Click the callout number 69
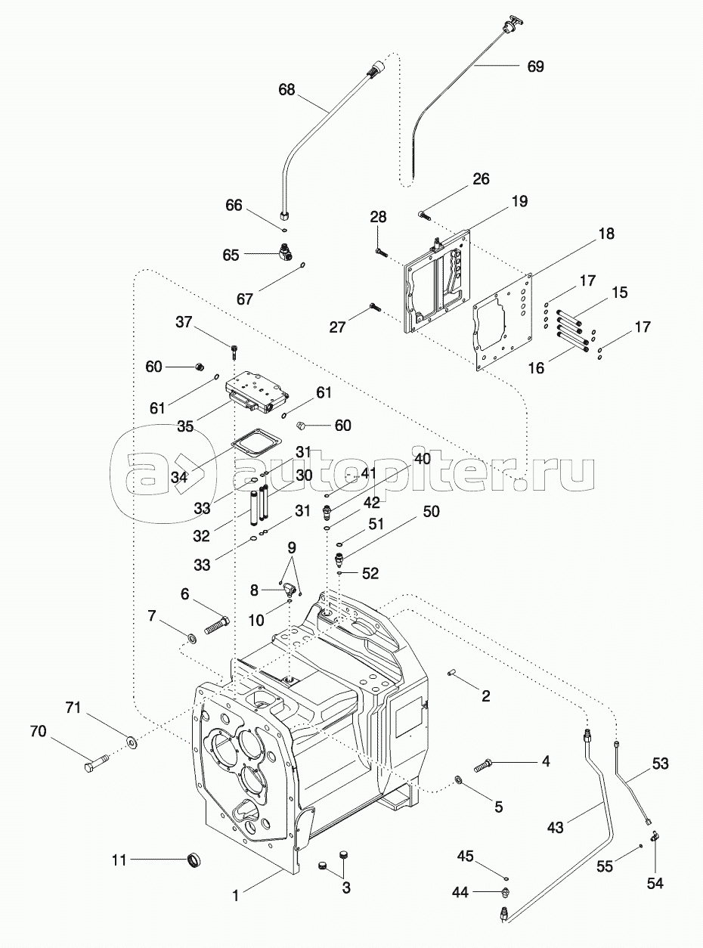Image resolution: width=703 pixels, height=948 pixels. pyautogui.click(x=535, y=66)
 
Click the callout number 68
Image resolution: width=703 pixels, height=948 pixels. pyautogui.click(x=286, y=89)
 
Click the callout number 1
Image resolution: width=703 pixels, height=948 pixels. pyautogui.click(x=235, y=896)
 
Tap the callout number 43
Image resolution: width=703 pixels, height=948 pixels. pyautogui.click(x=555, y=829)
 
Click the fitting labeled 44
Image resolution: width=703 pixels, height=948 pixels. pyautogui.click(x=504, y=894)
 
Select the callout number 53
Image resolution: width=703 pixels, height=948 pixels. pyautogui.click(x=661, y=764)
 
